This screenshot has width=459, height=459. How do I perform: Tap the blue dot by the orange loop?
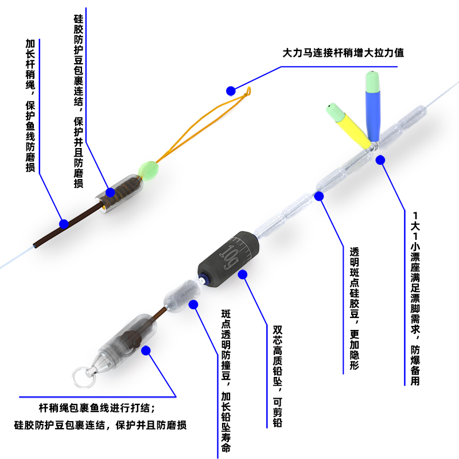(231, 91)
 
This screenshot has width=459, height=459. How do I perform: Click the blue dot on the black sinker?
(242, 275)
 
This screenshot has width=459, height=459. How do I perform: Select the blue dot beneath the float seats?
(380, 160)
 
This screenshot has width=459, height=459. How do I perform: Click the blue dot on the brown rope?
(64, 223)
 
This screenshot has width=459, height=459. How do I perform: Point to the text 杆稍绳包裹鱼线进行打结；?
(96, 408)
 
